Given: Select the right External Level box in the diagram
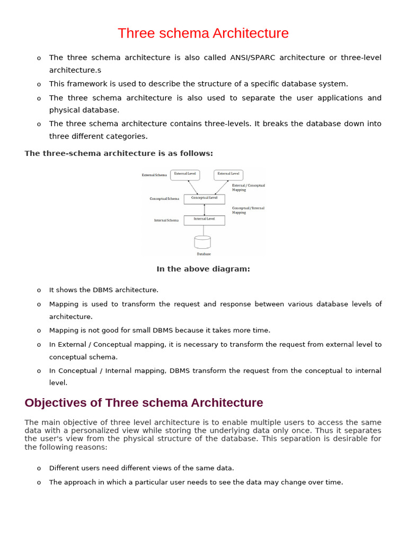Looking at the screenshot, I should (x=228, y=174).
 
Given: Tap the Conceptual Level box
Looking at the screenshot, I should (x=204, y=199).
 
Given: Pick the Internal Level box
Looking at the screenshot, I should (x=204, y=220).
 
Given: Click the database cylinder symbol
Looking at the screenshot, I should (x=202, y=242).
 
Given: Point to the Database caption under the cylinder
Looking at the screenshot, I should (x=203, y=254).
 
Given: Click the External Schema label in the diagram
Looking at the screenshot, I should (x=154, y=175).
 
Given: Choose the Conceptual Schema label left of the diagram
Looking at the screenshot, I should (x=164, y=199).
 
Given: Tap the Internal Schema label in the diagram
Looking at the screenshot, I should (x=166, y=220).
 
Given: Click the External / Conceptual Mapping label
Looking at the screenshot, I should (x=248, y=187).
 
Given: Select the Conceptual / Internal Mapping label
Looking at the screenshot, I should (x=248, y=210).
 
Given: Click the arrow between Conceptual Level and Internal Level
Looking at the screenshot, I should (x=204, y=209).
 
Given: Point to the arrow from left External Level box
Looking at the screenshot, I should (x=193, y=187).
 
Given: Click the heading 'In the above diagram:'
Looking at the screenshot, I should (x=203, y=269).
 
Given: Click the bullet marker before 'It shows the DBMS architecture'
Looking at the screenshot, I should (x=39, y=291).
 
